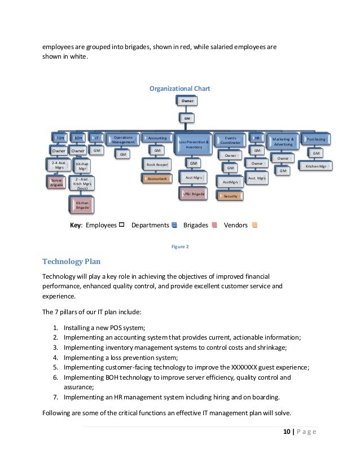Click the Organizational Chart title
pos(179,87)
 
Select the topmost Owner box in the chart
pos(187,100)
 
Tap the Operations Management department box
pos(123,139)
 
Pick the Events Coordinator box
pos(230,139)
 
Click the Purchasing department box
pos(315,138)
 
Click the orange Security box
pos(230,196)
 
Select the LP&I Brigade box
pos(193,194)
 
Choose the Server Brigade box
pos(55,183)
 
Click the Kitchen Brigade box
pos(82,205)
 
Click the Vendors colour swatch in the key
pos(255,225)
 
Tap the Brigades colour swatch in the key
pos(214,225)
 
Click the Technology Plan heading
pos(72,261)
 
